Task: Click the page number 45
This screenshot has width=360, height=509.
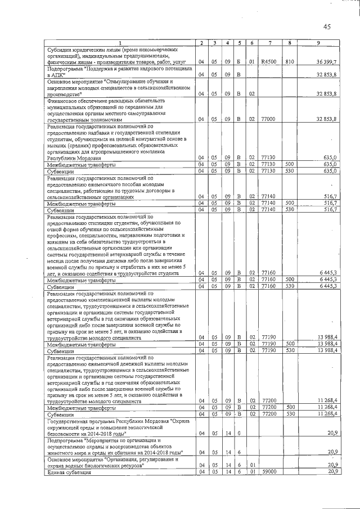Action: click(x=327, y=26)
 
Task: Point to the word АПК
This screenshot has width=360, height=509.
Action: click(x=56, y=74)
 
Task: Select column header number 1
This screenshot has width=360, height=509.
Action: click(x=120, y=43)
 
